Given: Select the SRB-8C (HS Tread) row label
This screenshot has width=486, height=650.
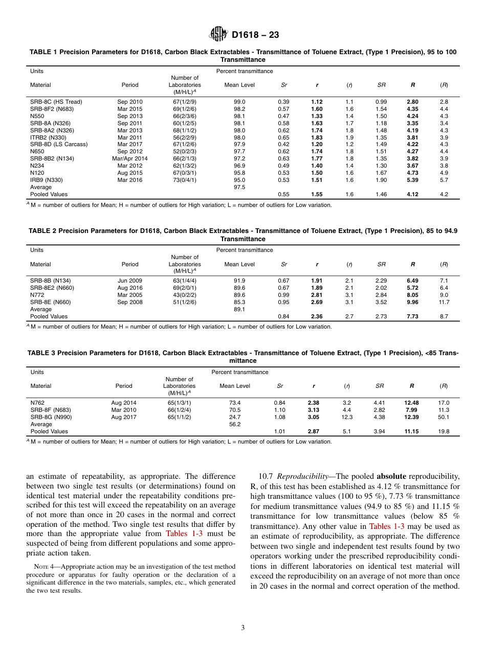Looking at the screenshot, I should click(56, 102).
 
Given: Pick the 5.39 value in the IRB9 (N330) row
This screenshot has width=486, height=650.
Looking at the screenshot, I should click(412, 180).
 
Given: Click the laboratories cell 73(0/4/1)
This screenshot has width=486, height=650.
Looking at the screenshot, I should click(185, 180).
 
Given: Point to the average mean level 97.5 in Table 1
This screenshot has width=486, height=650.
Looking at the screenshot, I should click(239, 188).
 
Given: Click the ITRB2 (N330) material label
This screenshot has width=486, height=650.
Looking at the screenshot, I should click(48, 137).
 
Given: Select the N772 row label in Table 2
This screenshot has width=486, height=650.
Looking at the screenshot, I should click(37, 295).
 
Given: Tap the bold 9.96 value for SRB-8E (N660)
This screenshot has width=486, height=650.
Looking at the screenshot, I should click(412, 302).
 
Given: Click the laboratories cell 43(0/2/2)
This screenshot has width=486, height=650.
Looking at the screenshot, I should click(185, 295).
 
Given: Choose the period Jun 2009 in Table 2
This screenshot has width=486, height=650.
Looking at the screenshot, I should click(130, 281).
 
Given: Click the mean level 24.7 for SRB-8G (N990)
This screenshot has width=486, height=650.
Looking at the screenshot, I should click(235, 417).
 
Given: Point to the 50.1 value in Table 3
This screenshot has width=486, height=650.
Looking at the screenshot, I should click(444, 417).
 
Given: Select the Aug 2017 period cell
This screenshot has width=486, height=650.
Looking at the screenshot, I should click(124, 417).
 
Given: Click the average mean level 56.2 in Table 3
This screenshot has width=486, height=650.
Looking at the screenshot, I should click(235, 424).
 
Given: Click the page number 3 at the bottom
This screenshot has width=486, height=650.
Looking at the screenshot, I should click(243, 628).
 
